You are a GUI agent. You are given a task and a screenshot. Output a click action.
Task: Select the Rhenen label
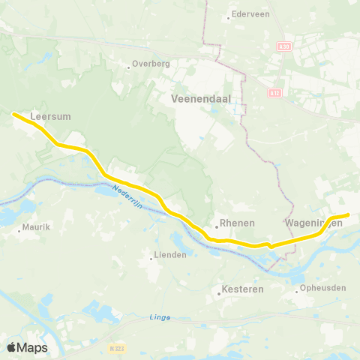[238, 223]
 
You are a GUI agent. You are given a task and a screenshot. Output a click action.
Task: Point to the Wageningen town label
[314, 223]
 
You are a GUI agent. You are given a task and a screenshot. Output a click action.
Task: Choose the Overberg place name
[151, 64]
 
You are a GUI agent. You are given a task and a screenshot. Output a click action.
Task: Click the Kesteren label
[241, 288]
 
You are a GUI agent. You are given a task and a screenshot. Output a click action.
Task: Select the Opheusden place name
[321, 288]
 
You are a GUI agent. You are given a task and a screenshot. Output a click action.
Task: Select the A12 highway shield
[274, 93]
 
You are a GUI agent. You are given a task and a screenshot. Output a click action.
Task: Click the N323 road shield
[115, 349]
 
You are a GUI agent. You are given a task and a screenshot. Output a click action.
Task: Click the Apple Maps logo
[27, 347]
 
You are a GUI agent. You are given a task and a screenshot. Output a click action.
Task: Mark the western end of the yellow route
[13, 114]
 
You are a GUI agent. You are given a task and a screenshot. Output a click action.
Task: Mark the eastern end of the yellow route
[348, 215]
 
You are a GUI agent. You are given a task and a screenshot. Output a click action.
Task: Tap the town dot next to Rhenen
[215, 224]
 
